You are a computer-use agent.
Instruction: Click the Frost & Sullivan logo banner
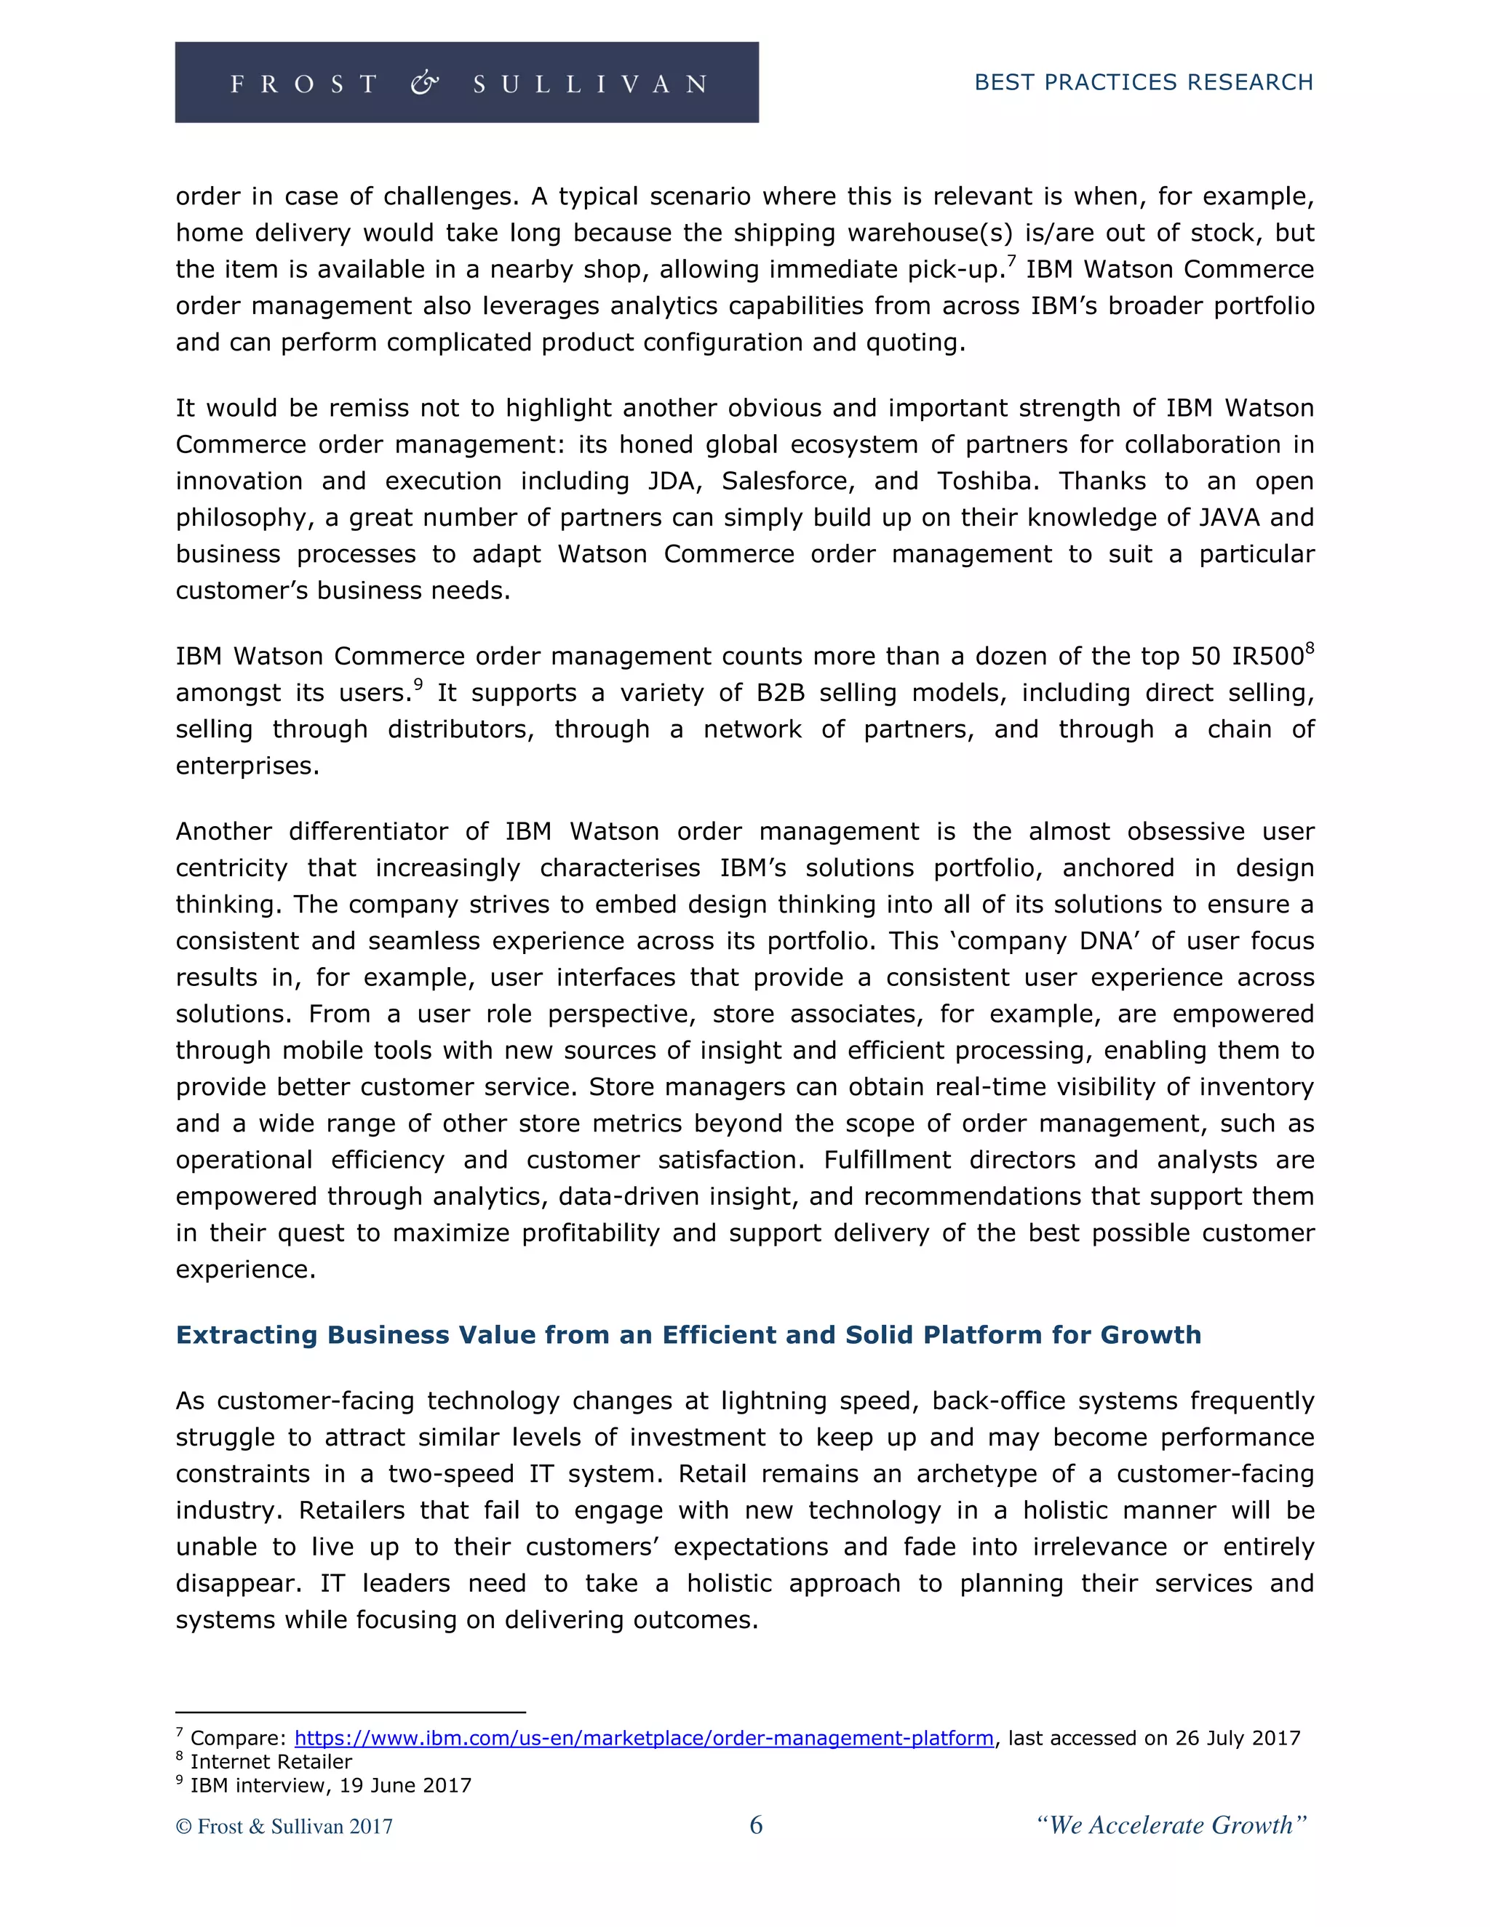click(x=466, y=82)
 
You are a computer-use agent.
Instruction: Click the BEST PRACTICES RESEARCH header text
click(x=1143, y=82)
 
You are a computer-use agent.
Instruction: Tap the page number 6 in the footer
click(x=756, y=1824)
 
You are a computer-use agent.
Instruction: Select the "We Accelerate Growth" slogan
click(x=1171, y=1824)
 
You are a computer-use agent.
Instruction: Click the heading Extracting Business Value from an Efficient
click(x=688, y=1334)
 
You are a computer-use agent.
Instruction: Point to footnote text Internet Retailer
click(x=271, y=1761)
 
